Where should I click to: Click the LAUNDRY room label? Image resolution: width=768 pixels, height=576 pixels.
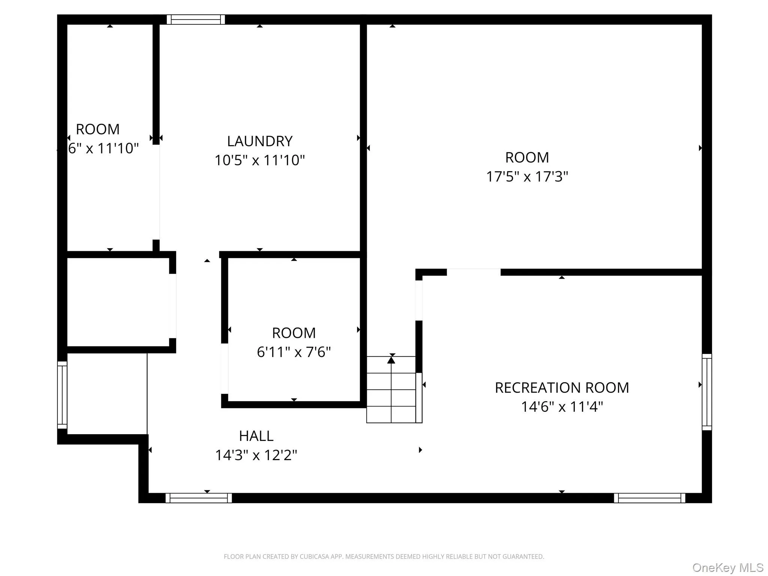click(259, 141)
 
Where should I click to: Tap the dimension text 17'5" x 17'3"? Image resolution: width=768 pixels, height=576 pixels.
click(527, 177)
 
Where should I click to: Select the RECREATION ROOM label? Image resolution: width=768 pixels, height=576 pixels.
click(561, 388)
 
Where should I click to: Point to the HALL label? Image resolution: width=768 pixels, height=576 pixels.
click(256, 436)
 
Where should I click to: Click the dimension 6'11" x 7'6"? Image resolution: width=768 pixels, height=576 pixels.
click(294, 352)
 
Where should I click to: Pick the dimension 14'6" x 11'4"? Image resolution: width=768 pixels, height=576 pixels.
click(562, 407)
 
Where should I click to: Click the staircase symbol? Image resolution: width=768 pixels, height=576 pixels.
click(391, 390)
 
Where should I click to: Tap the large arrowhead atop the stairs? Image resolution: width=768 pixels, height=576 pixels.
click(391, 360)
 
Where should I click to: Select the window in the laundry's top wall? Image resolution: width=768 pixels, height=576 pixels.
click(195, 19)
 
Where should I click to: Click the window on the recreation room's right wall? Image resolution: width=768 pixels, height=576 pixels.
click(706, 391)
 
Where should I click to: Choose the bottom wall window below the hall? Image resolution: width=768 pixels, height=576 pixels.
click(198, 498)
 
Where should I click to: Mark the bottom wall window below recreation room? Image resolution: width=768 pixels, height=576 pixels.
click(649, 498)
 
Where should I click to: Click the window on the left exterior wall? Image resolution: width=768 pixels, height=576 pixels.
click(62, 394)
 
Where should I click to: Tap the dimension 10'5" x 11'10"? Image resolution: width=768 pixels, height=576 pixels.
click(259, 160)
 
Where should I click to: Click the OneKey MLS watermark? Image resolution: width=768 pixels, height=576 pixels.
click(727, 568)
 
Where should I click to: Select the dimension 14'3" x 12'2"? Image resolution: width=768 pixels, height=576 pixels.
click(256, 455)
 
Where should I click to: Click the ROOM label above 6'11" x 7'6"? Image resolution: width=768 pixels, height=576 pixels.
click(294, 333)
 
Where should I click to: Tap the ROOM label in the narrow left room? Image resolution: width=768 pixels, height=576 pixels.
click(97, 129)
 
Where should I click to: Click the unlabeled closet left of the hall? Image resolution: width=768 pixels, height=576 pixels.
click(118, 302)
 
